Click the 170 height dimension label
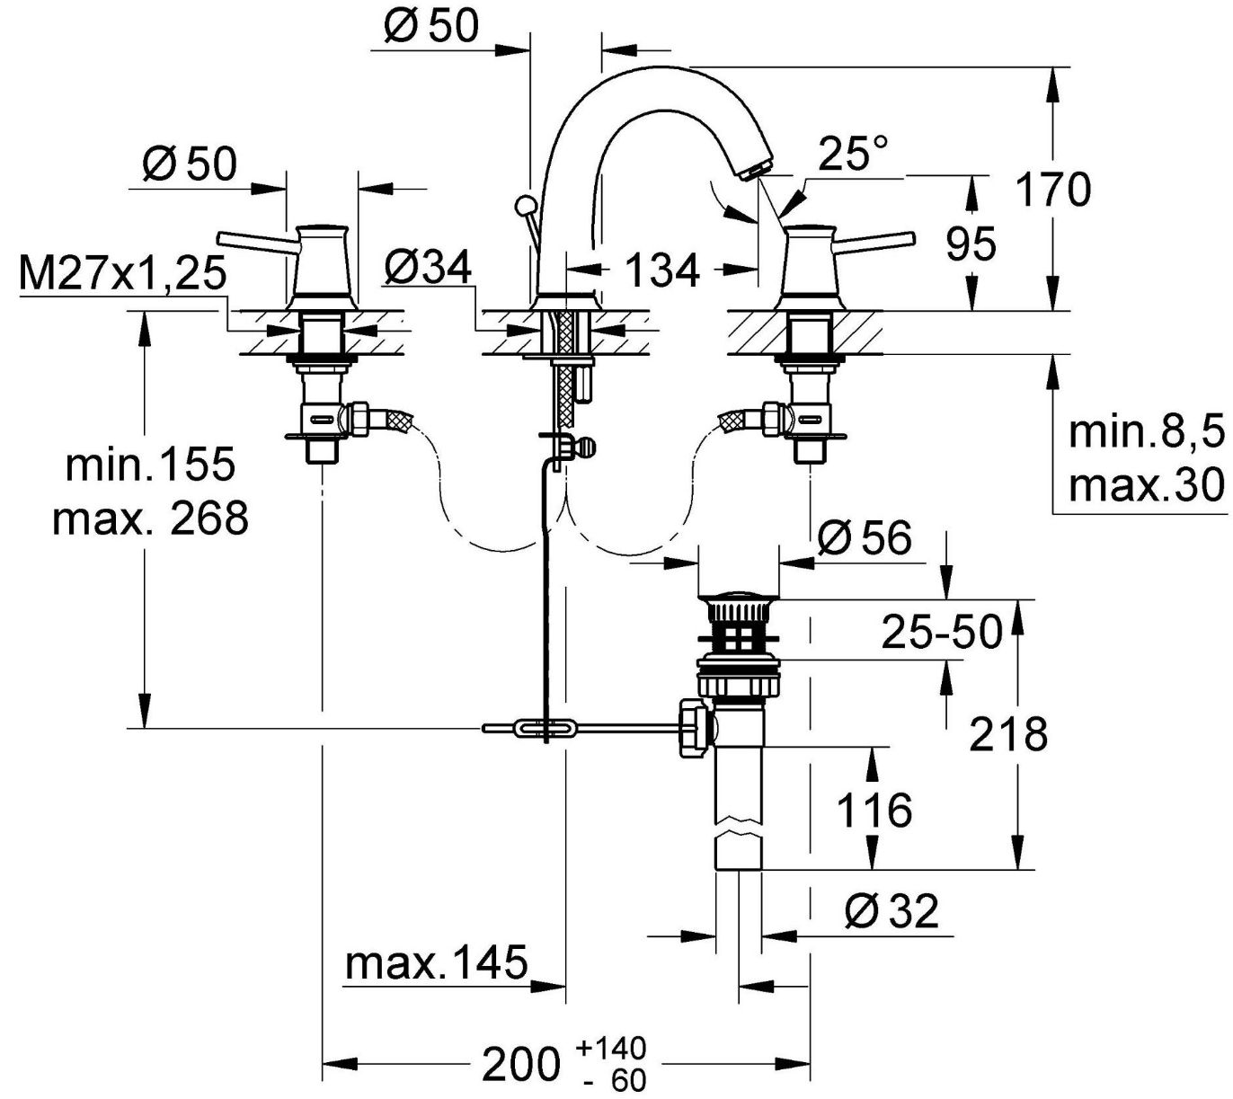tap(1053, 190)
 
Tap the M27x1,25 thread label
tap(122, 273)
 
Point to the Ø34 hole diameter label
tap(428, 268)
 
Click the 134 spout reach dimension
tap(661, 270)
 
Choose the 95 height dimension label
tap(971, 244)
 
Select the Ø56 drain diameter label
tap(865, 538)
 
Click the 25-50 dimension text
tap(941, 632)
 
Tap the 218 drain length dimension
tap(1008, 734)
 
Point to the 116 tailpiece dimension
tap(874, 810)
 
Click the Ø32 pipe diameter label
tap(891, 913)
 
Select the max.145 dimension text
tap(437, 964)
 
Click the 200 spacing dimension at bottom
tap(521, 1065)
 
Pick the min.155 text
tap(150, 465)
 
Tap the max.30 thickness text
tap(1147, 486)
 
